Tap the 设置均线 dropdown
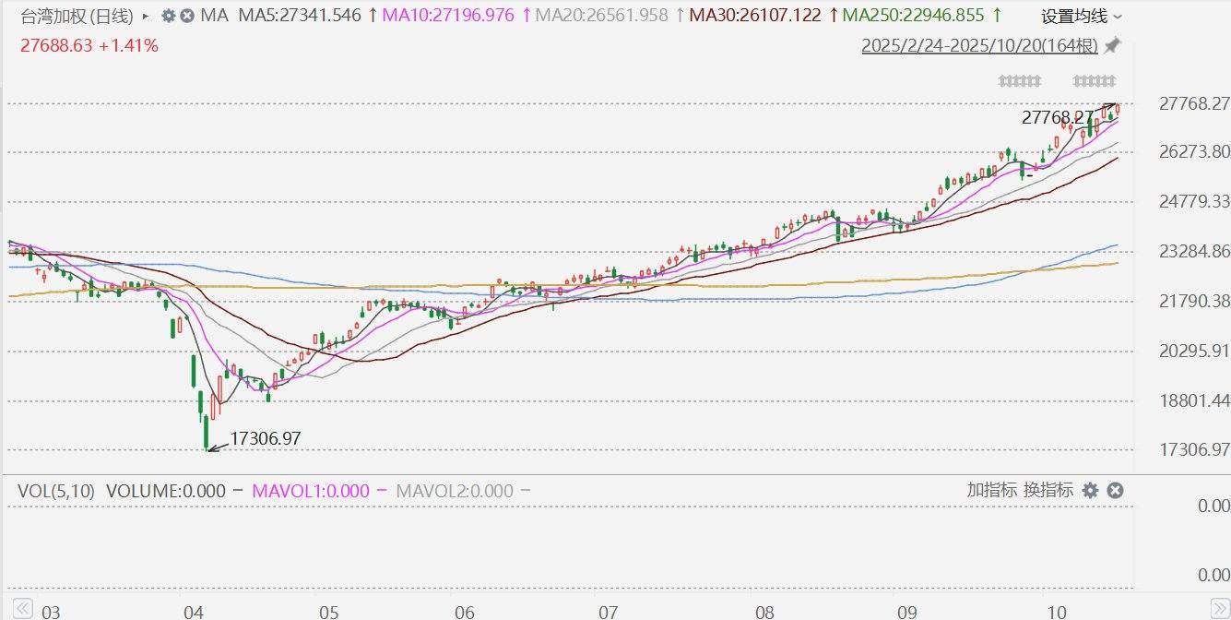pos(1082,17)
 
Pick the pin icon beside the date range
pos(1112,45)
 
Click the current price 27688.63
pos(56,45)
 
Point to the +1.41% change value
pos(128,45)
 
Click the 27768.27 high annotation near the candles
pos(1057,118)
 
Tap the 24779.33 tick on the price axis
pos(1193,201)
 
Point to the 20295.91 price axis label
pos(1193,351)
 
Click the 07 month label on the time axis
pos(608,611)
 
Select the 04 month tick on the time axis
pos(194,611)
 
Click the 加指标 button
pos(991,490)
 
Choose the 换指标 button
pos(1048,490)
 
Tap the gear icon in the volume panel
pos(1090,490)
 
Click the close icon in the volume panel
pos(1115,490)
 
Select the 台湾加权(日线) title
pos(77,16)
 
